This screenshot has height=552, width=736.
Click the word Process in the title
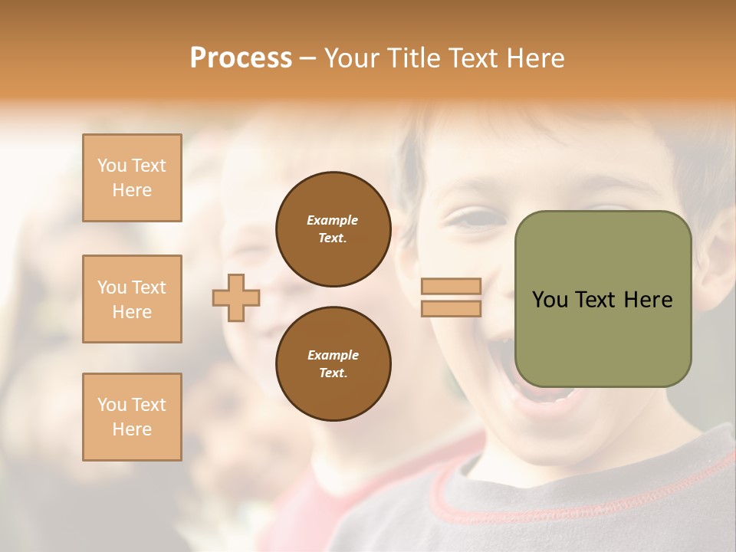click(241, 58)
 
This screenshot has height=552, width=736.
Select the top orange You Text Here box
click(132, 178)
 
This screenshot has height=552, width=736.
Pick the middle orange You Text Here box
click(132, 299)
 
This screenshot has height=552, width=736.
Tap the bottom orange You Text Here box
click(132, 416)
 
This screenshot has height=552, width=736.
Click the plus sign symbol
click(236, 297)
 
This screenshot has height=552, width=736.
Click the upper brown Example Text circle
click(333, 229)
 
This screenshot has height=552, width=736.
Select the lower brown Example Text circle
click(333, 363)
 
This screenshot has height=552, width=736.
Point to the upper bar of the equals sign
click(451, 286)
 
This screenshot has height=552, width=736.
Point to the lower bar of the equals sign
click(451, 308)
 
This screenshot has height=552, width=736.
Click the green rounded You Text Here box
click(603, 299)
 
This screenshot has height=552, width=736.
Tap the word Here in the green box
click(648, 300)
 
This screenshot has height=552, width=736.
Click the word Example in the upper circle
click(333, 220)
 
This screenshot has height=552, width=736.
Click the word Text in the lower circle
click(333, 373)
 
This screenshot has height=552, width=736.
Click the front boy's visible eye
click(469, 220)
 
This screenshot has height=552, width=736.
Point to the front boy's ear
click(717, 253)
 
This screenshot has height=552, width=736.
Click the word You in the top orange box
click(112, 166)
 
